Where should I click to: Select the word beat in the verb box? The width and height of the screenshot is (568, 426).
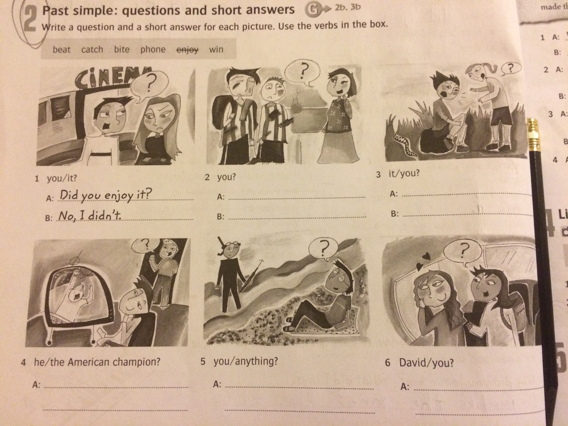[x=61, y=49]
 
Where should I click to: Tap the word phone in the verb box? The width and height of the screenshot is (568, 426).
[x=153, y=49]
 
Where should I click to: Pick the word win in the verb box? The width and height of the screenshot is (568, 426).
[x=216, y=49]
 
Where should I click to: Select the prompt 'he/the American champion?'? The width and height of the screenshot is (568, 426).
[x=97, y=362]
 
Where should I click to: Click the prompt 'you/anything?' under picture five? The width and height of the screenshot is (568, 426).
[x=246, y=361]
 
